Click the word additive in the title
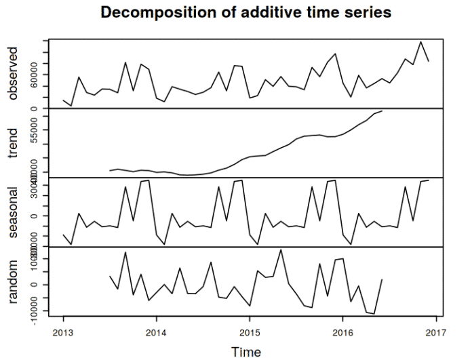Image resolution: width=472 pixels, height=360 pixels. [271, 12]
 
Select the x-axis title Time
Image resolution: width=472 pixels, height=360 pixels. [245, 351]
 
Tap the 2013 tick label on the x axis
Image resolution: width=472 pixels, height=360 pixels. [63, 332]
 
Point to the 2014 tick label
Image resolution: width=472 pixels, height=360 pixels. [156, 332]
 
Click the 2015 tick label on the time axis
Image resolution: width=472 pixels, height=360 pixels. [249, 332]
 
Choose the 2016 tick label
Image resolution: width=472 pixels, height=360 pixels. [342, 332]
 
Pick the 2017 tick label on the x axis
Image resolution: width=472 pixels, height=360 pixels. [435, 332]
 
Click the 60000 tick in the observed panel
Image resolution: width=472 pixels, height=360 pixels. [35, 86]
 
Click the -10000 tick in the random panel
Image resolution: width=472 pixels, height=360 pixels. [35, 311]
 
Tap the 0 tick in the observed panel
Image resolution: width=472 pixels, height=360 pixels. [35, 108]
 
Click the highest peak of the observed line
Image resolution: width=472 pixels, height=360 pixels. [421, 42]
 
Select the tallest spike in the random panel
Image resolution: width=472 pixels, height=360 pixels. [281, 249]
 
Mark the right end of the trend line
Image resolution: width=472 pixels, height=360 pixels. [382, 111]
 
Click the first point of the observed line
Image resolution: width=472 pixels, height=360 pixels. [63, 100]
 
